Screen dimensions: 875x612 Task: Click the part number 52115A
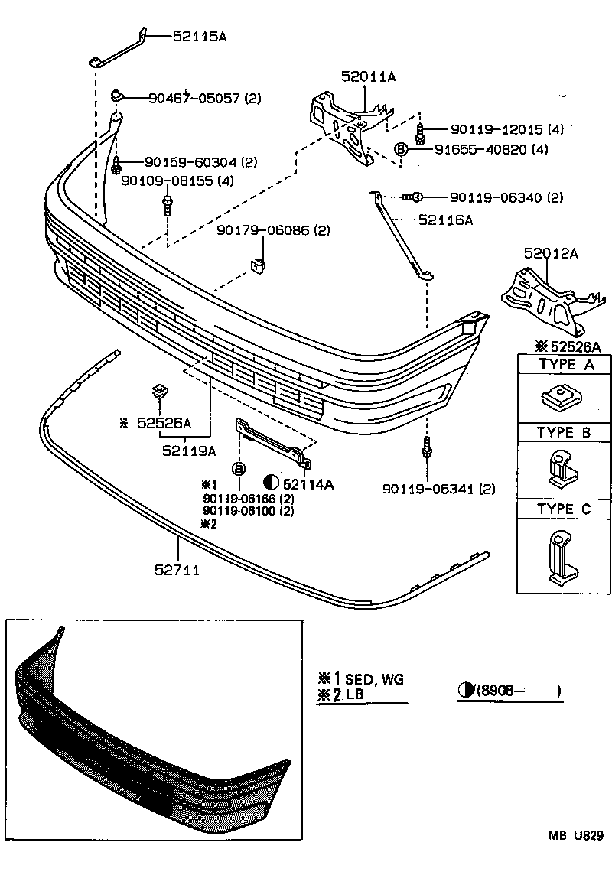coord(200,35)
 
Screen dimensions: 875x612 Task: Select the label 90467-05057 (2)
coord(204,98)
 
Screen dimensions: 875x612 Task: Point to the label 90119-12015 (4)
coord(507,130)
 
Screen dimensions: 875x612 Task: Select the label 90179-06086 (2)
coord(272,229)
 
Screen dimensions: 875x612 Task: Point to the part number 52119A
coord(189,451)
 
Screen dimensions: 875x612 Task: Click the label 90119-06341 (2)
coord(439,489)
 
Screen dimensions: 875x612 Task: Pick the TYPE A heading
coord(565,365)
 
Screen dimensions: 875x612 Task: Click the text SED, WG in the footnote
coord(374,678)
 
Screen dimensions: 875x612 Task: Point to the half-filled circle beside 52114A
coord(271,482)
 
